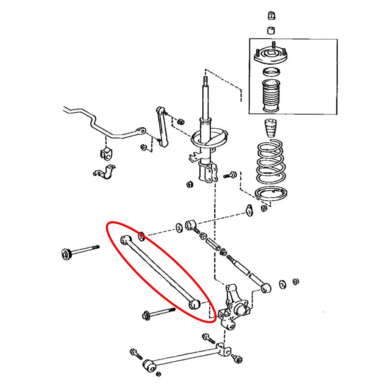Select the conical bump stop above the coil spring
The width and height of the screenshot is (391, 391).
(270, 129)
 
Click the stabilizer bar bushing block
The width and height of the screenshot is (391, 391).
(106, 153)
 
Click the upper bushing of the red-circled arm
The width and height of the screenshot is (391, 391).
(126, 240)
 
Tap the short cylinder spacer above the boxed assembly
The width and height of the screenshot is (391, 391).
(271, 30)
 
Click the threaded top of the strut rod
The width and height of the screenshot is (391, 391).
(205, 81)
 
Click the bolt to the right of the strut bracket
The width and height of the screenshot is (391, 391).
(230, 175)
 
